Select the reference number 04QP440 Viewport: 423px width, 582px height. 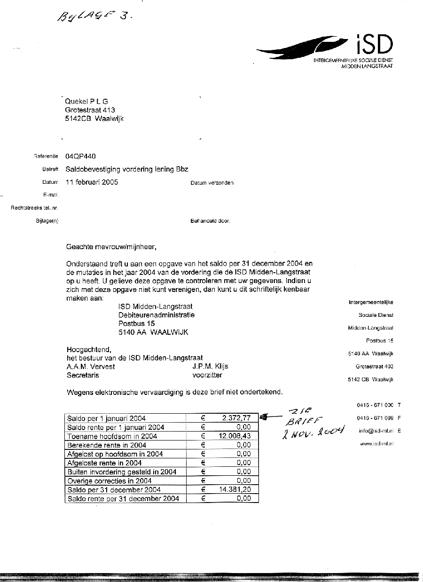click(82, 157)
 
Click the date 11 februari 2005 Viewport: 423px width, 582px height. click(92, 182)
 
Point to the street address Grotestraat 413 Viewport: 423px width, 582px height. click(90, 110)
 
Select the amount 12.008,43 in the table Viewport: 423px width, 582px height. click(235, 436)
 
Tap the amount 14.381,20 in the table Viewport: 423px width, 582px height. click(235, 489)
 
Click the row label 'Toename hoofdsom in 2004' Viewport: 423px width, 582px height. click(112, 436)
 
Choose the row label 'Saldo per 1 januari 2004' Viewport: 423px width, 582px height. click(107, 418)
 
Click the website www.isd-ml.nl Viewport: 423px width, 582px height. click(376, 444)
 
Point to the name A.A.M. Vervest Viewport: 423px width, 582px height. click(91, 367)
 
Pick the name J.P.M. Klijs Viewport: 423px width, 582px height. click(210, 367)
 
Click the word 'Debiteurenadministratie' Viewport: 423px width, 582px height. click(157, 315)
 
